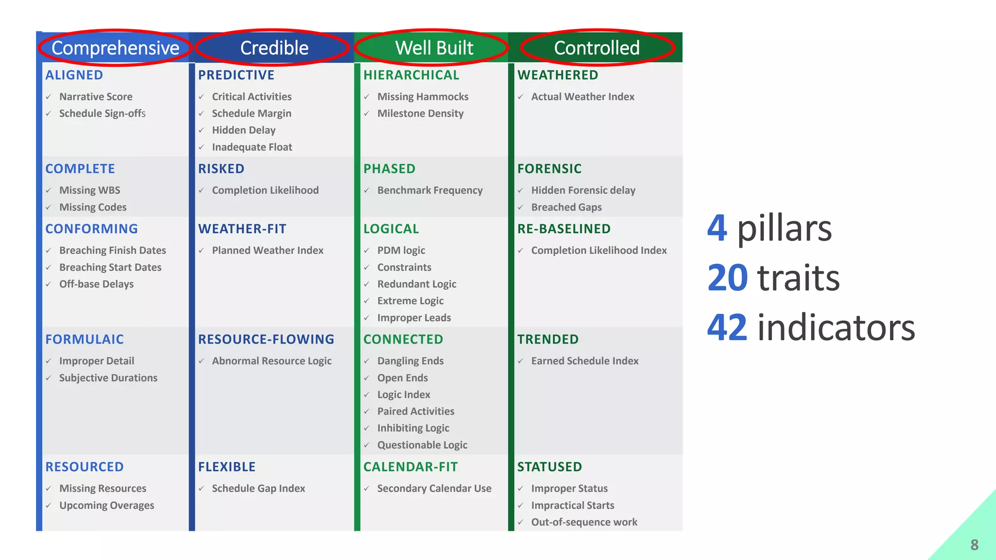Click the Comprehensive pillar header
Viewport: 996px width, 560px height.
click(115, 48)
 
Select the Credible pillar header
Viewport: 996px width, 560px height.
click(274, 48)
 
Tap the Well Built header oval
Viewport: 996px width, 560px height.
click(434, 48)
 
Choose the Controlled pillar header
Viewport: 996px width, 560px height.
click(597, 48)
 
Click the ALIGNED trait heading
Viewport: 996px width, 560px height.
click(74, 75)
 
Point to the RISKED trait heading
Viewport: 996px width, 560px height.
click(221, 169)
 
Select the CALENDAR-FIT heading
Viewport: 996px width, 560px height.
click(410, 467)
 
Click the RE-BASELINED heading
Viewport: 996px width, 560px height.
click(564, 228)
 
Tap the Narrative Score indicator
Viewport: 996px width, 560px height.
click(96, 97)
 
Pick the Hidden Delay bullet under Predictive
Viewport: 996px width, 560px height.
click(243, 130)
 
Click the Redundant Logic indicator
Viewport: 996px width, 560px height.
click(416, 284)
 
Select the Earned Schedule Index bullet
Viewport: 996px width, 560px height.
click(585, 361)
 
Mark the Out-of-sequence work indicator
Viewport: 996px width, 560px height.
click(584, 522)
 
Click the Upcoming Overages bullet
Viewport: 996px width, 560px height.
click(107, 506)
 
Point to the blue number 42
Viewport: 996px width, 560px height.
click(727, 327)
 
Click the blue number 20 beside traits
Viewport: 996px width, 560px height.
click(727, 278)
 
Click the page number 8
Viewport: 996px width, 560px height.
click(974, 545)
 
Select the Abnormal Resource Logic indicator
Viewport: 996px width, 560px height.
click(271, 361)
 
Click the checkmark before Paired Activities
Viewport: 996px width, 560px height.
click(367, 412)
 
